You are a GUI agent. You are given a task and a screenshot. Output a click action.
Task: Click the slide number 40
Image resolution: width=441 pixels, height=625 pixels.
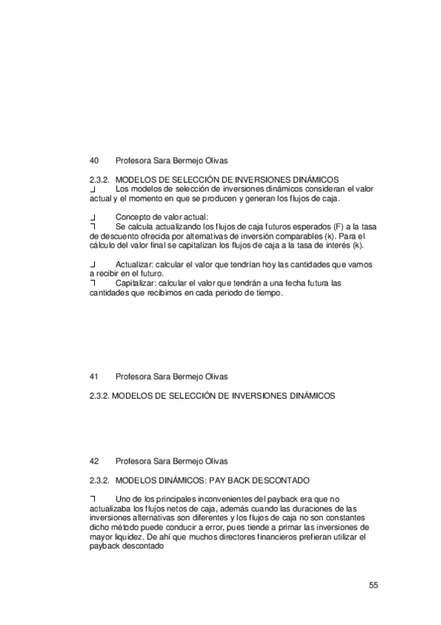(94, 160)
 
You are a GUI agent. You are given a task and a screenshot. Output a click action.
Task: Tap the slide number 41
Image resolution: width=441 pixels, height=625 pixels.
(94, 377)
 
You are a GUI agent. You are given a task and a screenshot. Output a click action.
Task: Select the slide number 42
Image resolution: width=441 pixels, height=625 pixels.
(94, 461)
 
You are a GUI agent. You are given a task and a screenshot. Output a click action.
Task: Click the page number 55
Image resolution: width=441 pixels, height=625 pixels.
(373, 585)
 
